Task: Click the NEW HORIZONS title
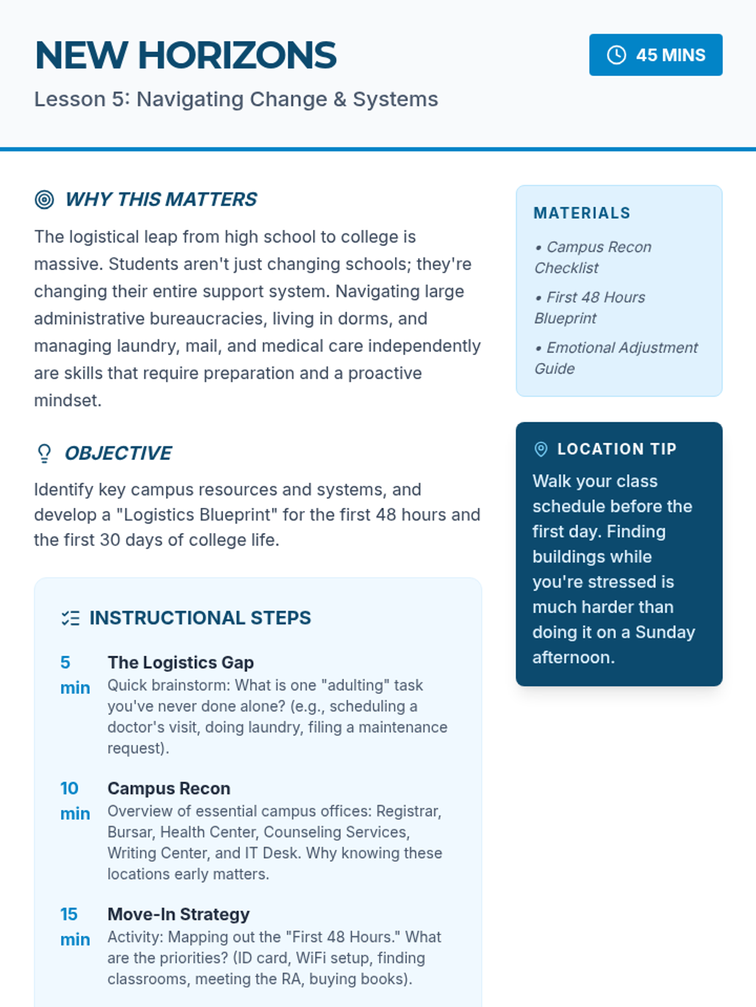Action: pyautogui.click(x=186, y=55)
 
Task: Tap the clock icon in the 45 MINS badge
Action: pyautogui.click(x=616, y=55)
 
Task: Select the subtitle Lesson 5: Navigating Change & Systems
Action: pyautogui.click(x=236, y=99)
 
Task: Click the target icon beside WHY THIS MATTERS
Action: pyautogui.click(x=44, y=200)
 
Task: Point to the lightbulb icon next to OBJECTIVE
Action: pyautogui.click(x=44, y=453)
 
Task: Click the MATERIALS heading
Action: pyautogui.click(x=581, y=213)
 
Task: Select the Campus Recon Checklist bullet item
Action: pyautogui.click(x=592, y=257)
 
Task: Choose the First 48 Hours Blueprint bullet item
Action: pyautogui.click(x=589, y=308)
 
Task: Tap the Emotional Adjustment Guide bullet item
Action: pyautogui.click(x=616, y=358)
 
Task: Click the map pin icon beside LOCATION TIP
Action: pyautogui.click(x=541, y=449)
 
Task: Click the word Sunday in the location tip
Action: pyautogui.click(x=665, y=633)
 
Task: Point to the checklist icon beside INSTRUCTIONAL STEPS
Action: pyautogui.click(x=71, y=618)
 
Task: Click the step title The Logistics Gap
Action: pyautogui.click(x=180, y=663)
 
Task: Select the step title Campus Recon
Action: pyautogui.click(x=169, y=789)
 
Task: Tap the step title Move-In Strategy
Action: pyautogui.click(x=178, y=914)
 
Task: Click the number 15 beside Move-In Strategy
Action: pyautogui.click(x=69, y=914)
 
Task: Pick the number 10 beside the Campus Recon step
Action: pyautogui.click(x=69, y=789)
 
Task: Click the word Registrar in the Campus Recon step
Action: pyautogui.click(x=412, y=811)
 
